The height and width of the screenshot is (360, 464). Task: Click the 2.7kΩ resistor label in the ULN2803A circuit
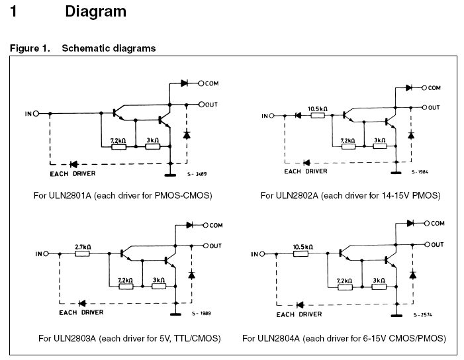(83, 247)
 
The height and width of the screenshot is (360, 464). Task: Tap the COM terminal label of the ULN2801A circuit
(212, 84)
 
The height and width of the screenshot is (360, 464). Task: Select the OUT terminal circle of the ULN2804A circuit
(427, 245)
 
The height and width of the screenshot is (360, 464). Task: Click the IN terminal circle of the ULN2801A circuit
(36, 114)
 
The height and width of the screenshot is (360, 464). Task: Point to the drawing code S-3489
(197, 174)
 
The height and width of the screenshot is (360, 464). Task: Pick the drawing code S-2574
(422, 315)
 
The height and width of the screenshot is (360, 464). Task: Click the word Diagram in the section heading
(95, 11)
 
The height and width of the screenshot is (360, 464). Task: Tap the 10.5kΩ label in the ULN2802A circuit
(318, 109)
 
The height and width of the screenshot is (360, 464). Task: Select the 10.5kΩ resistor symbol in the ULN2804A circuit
(301, 254)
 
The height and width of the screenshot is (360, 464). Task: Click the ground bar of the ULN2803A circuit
(176, 314)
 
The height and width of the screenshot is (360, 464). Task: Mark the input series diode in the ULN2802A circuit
(298, 115)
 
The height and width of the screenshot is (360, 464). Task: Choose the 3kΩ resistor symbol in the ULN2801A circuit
(153, 146)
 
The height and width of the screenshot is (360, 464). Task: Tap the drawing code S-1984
(420, 172)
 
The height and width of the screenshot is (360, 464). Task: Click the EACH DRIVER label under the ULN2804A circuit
(299, 314)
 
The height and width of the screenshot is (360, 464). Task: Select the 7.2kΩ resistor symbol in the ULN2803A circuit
(126, 287)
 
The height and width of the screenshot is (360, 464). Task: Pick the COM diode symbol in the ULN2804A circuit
(410, 223)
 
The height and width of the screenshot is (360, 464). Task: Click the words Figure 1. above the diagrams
(30, 48)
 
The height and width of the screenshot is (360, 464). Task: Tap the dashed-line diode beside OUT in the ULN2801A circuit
(187, 135)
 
